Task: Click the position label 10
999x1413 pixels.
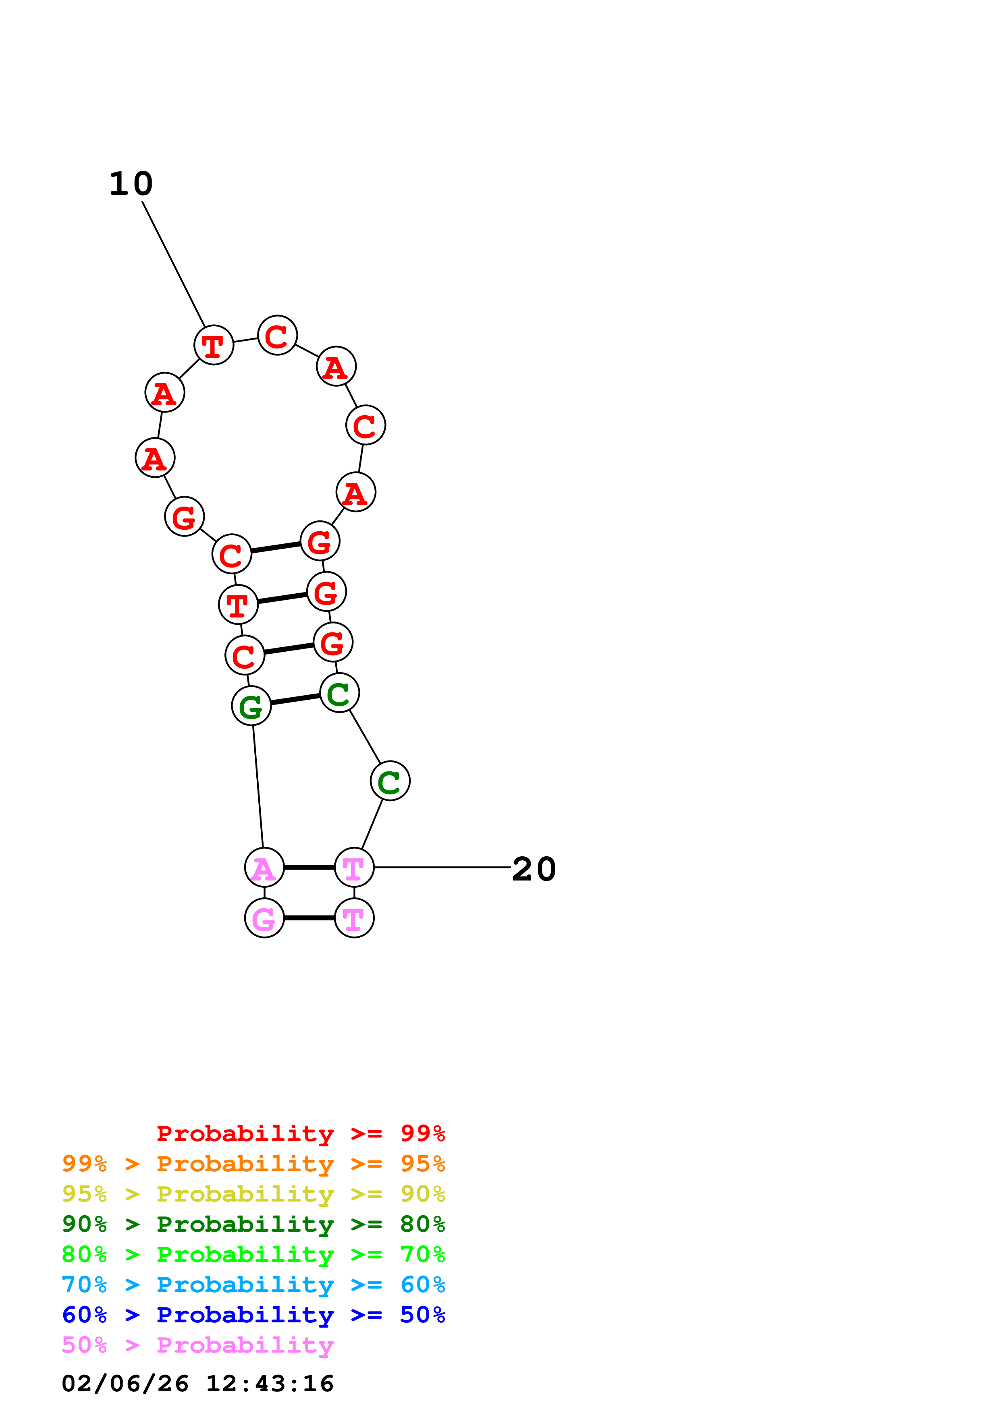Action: pyautogui.click(x=131, y=184)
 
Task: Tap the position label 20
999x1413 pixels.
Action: pyautogui.click(x=534, y=870)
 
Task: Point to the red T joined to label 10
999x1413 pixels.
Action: pyautogui.click(x=214, y=345)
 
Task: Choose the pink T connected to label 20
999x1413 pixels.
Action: pyautogui.click(x=354, y=868)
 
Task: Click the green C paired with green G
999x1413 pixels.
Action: pyautogui.click(x=339, y=693)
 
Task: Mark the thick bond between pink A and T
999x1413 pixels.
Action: pyautogui.click(x=309, y=868)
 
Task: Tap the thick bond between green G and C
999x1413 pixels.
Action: pyautogui.click(x=295, y=699)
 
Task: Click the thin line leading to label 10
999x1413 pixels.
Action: pyautogui.click(x=174, y=265)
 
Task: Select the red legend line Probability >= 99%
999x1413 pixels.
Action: pyautogui.click(x=300, y=1133)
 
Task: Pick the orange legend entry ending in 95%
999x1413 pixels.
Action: pyautogui.click(x=253, y=1164)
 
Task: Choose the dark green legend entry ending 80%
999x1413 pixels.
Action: pyautogui.click(x=253, y=1224)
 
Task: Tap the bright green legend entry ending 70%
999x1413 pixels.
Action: pyautogui.click(x=253, y=1254)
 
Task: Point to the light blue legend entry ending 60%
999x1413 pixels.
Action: pyautogui.click(x=253, y=1285)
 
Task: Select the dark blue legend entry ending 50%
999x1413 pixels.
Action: pyautogui.click(x=253, y=1315)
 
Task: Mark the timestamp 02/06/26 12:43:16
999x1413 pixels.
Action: pyautogui.click(x=197, y=1384)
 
